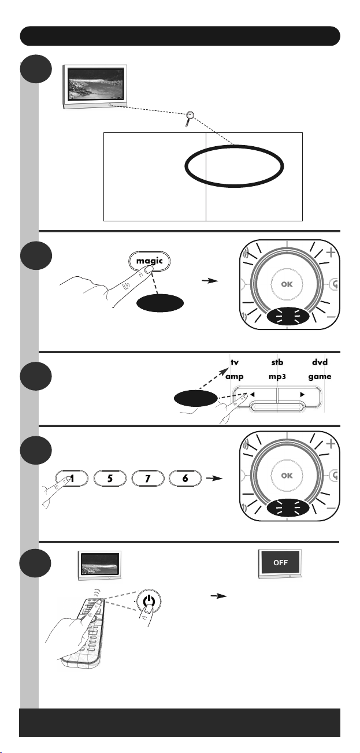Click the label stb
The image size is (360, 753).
(277, 363)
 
